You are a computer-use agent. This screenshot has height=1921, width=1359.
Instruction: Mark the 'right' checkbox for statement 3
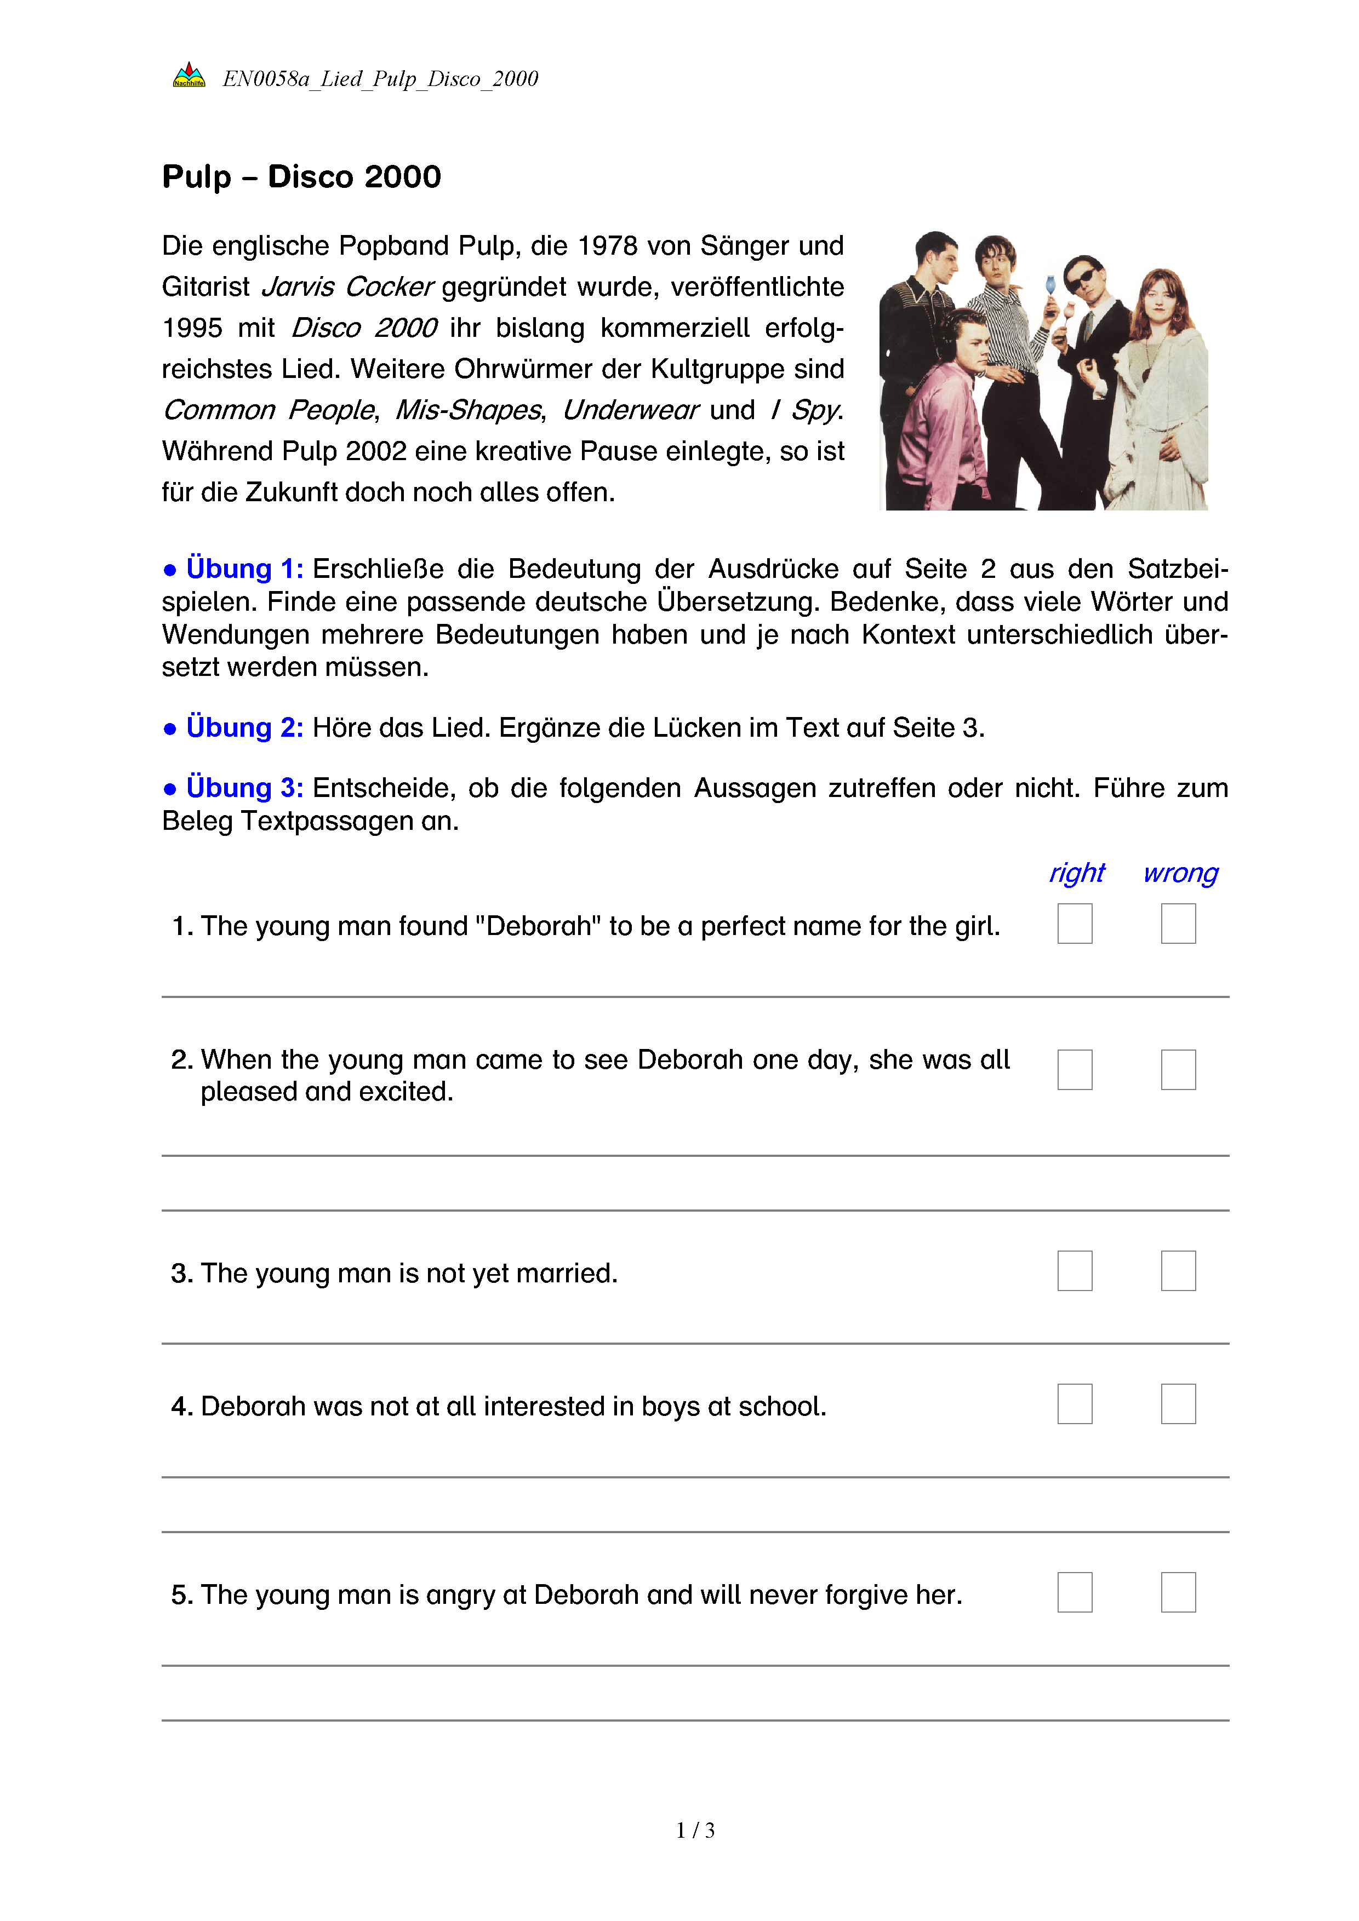[x=1075, y=1271]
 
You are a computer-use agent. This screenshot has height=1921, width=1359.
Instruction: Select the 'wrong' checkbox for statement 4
[x=1178, y=1404]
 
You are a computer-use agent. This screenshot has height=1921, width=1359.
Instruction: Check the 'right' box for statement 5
[x=1075, y=1592]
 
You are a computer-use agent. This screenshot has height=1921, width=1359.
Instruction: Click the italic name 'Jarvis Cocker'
[x=347, y=287]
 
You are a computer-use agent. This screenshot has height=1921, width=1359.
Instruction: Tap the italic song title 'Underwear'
[x=629, y=410]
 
